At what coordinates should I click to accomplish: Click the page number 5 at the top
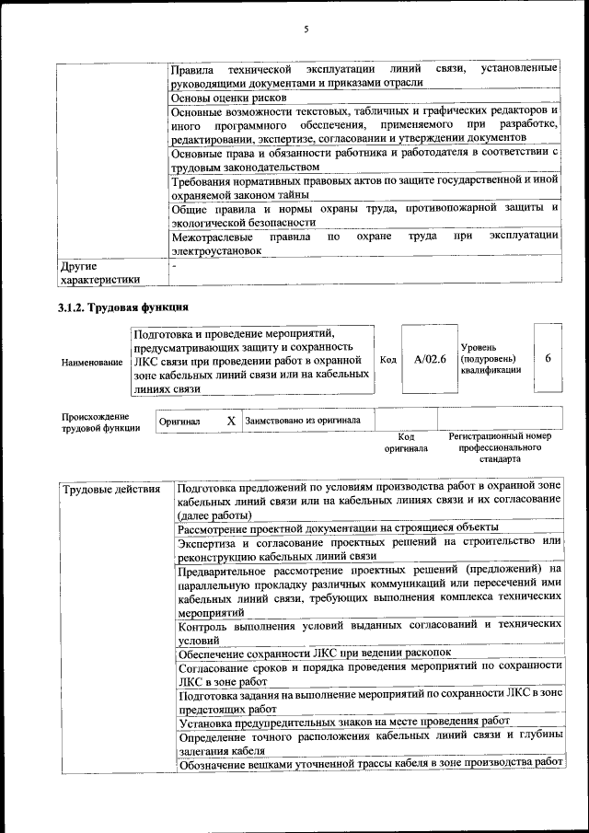pos(306,29)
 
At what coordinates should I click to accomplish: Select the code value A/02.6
pos(430,359)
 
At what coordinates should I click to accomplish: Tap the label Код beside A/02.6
pos(388,359)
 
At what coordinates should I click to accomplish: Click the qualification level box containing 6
pos(548,358)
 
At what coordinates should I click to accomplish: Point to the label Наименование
pos(92,363)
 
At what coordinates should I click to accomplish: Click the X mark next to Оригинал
pos(231,420)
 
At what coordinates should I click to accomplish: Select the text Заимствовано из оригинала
pos(303,420)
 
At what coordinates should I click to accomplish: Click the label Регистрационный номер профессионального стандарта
pos(499,446)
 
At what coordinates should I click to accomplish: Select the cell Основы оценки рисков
pos(229,97)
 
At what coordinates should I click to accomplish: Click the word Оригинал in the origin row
pos(179,421)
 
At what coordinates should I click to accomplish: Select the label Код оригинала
pos(406,442)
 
